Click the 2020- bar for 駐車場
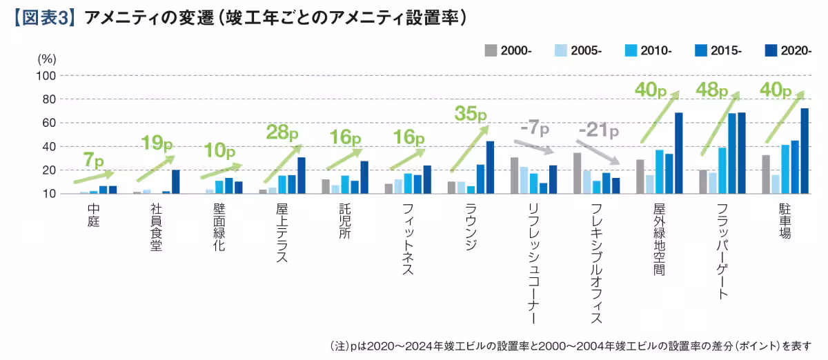pos(804,151)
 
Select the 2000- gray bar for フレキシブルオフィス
pos(577,173)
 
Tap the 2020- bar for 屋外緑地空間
pos(678,153)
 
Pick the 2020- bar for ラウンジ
pos(490,168)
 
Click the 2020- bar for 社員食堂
pos(175,182)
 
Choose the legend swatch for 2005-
pos(561,50)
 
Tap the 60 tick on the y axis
pos(50,123)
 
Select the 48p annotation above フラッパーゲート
pos(712,90)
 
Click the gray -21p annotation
pos(598,130)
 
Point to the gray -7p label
pos(534,129)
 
